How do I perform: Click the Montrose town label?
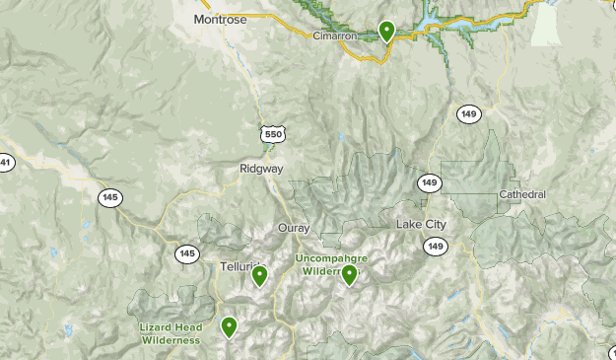pos(217,18)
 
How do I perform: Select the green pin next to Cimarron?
pos(387,32)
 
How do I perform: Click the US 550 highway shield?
pos(273,131)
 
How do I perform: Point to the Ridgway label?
pos(261,169)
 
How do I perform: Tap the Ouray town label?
pos(294,228)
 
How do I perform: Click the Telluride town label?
pos(237,266)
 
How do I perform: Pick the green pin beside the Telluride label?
pos(260,275)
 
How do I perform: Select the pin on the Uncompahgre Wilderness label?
pos(349,275)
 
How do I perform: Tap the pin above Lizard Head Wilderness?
pos(230,325)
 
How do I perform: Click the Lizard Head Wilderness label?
pos(171,334)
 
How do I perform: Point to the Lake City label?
pos(421,225)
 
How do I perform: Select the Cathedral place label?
pos(521,194)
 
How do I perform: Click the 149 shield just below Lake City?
pos(437,245)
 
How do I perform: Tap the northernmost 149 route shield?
pos(468,115)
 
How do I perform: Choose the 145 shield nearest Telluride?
pos(186,253)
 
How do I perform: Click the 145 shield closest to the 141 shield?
pos(109,198)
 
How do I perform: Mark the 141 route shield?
pos(6,163)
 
